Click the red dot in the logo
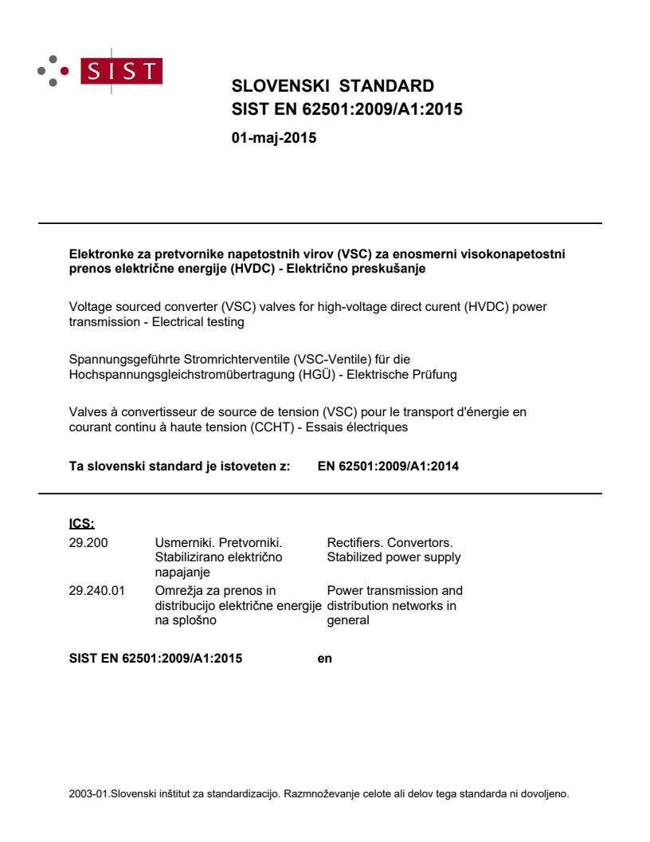click(x=65, y=70)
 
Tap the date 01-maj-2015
click(x=273, y=138)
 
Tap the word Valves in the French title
click(x=88, y=413)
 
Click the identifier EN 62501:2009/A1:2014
click(x=388, y=466)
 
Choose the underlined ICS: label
click(x=81, y=524)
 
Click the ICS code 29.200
click(x=88, y=544)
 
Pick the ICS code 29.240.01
click(x=97, y=591)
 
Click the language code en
click(x=324, y=659)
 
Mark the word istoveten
click(x=239, y=466)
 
